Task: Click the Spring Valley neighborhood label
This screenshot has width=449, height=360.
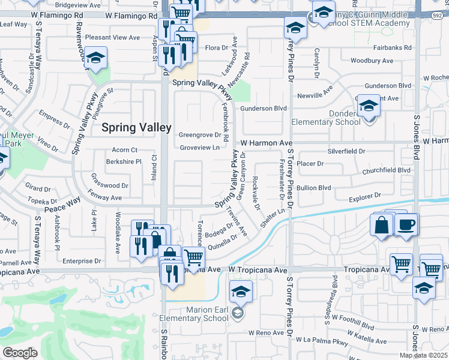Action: pyautogui.click(x=136, y=127)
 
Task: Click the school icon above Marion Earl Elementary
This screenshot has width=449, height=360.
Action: pyautogui.click(x=241, y=292)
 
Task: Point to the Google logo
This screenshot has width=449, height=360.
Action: pyautogui.click(x=20, y=352)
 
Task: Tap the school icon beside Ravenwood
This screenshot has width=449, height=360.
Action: pyautogui.click(x=95, y=58)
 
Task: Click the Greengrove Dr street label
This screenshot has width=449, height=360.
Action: pyautogui.click(x=200, y=135)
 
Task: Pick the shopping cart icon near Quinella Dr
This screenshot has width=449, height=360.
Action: pyautogui.click(x=193, y=258)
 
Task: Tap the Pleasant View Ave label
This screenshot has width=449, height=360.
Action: pyautogui.click(x=112, y=37)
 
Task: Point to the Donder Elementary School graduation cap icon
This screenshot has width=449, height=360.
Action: pyautogui.click(x=369, y=107)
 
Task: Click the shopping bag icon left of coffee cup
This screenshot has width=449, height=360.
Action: pyautogui.click(x=382, y=226)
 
